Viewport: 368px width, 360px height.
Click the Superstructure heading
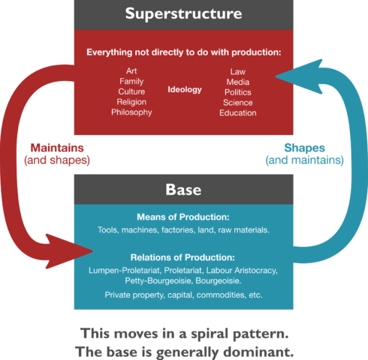point(183,13)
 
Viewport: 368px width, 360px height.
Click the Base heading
point(183,190)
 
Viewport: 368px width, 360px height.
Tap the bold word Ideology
point(185,90)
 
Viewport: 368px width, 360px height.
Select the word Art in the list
point(131,71)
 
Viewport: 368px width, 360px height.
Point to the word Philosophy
point(131,112)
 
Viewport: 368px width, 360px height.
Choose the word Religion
point(131,102)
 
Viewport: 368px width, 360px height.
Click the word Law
point(238,72)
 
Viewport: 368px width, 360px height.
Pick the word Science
point(238,103)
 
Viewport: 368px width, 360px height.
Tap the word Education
point(238,112)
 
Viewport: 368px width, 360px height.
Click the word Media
point(238,82)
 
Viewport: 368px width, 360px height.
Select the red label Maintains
point(57,148)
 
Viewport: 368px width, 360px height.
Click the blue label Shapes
point(304,148)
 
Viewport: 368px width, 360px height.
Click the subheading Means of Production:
point(183,217)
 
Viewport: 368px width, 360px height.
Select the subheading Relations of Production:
point(182,257)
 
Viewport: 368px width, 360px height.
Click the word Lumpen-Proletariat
point(124,271)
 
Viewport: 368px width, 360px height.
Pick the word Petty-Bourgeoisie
point(158,280)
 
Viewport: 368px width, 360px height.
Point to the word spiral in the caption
point(210,334)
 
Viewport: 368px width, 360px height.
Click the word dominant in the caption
point(258,352)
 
